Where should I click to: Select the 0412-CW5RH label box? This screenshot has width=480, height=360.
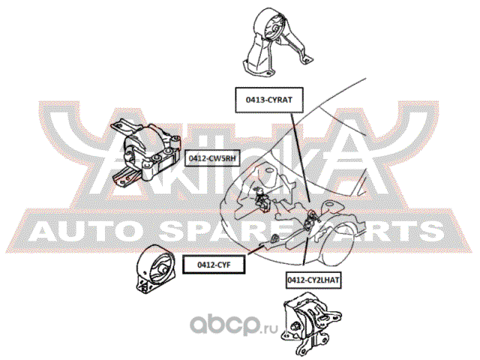[212, 158]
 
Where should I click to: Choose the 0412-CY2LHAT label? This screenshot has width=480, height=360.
[313, 280]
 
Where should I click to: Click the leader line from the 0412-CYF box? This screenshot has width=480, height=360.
[255, 250]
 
